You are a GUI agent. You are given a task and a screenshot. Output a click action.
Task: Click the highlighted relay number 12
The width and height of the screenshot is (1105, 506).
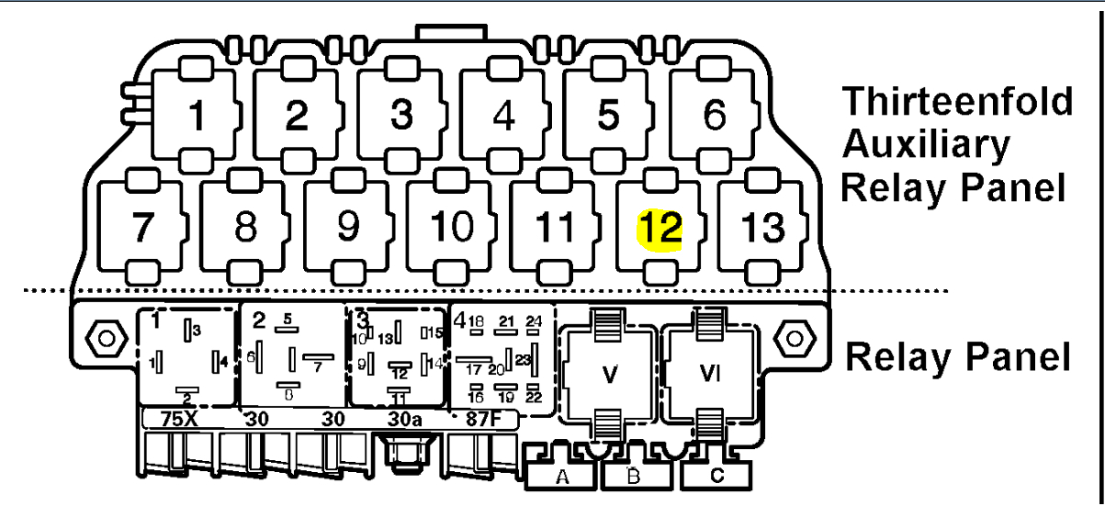[x=662, y=227]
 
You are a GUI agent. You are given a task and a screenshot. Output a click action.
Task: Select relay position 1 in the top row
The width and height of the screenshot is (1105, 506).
[x=197, y=117]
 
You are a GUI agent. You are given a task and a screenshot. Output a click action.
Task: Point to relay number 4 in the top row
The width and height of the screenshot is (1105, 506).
[x=503, y=117]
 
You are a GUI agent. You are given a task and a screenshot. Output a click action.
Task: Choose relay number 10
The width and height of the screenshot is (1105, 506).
[x=451, y=227]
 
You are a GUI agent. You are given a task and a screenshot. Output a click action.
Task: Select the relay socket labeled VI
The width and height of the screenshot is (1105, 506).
[x=708, y=374]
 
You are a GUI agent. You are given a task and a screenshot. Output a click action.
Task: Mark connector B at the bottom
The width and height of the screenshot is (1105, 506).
[x=634, y=476]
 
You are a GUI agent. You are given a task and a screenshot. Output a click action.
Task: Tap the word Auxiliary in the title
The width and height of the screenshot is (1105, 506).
[x=926, y=144]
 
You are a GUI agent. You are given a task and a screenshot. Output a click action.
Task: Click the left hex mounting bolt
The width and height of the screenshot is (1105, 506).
[x=104, y=338]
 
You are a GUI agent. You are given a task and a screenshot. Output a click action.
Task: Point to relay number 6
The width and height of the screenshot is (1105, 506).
[x=714, y=117]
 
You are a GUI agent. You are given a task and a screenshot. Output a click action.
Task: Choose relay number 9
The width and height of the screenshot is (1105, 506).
[x=347, y=227]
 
